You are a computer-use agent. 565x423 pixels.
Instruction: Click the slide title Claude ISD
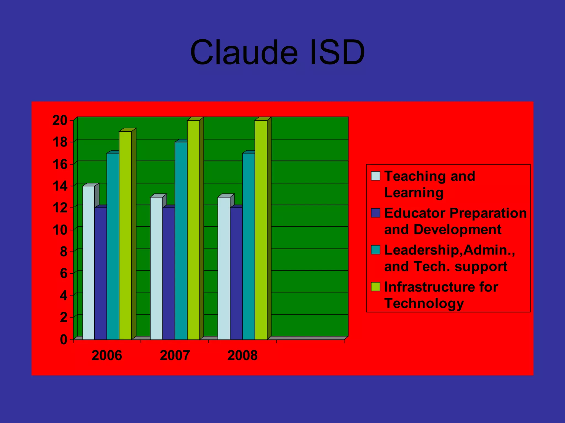click(x=278, y=52)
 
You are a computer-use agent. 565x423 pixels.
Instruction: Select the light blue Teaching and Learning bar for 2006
click(x=89, y=263)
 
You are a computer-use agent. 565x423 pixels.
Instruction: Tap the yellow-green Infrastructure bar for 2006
click(x=125, y=235)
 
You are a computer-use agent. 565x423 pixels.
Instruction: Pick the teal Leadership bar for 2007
click(x=181, y=241)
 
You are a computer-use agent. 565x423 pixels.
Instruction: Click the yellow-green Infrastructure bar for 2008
click(x=261, y=230)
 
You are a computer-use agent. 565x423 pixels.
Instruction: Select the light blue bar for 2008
click(x=224, y=269)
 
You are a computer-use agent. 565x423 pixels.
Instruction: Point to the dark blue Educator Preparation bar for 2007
click(x=169, y=274)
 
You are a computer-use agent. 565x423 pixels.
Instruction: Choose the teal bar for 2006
click(x=113, y=246)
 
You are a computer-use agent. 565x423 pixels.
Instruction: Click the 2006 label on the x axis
click(x=106, y=356)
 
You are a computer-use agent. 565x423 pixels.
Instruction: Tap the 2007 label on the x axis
click(x=175, y=356)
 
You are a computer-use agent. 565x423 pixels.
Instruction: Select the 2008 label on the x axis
click(x=242, y=356)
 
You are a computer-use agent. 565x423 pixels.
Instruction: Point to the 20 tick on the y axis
click(x=60, y=121)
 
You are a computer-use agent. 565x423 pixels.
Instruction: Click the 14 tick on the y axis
click(x=60, y=186)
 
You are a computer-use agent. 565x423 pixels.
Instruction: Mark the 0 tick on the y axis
click(x=63, y=340)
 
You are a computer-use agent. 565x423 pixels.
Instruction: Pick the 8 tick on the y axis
click(x=63, y=252)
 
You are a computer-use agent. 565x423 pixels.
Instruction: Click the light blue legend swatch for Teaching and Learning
click(x=375, y=176)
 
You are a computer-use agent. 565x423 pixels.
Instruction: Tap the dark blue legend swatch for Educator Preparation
click(x=375, y=213)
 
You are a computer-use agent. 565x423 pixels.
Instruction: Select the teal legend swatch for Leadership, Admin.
click(x=375, y=250)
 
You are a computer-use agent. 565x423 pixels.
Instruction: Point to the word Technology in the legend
click(x=424, y=303)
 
